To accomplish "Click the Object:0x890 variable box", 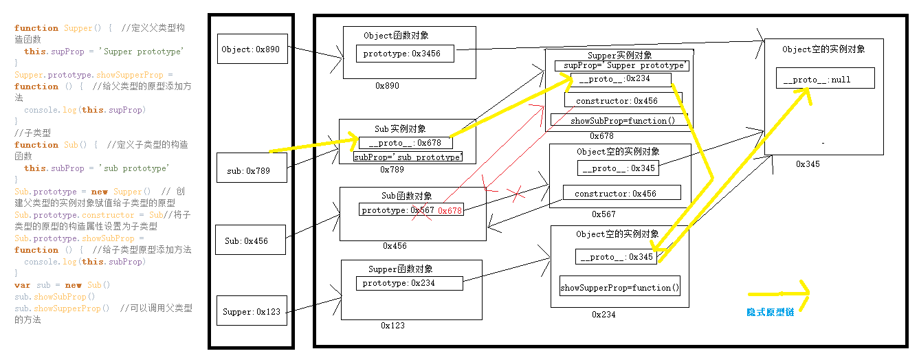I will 252,49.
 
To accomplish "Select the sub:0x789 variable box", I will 252,168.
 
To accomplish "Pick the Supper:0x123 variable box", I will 252,312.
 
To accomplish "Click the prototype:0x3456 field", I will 405,54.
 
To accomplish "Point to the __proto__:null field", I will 825,78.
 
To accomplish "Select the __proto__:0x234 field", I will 620,79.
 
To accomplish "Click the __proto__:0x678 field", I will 406,143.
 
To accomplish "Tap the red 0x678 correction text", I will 450,211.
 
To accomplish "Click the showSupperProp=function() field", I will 619,288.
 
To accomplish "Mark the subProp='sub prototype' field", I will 408,157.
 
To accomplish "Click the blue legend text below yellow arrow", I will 770,312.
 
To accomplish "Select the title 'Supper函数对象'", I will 401,269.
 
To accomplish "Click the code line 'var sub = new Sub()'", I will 63,285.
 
